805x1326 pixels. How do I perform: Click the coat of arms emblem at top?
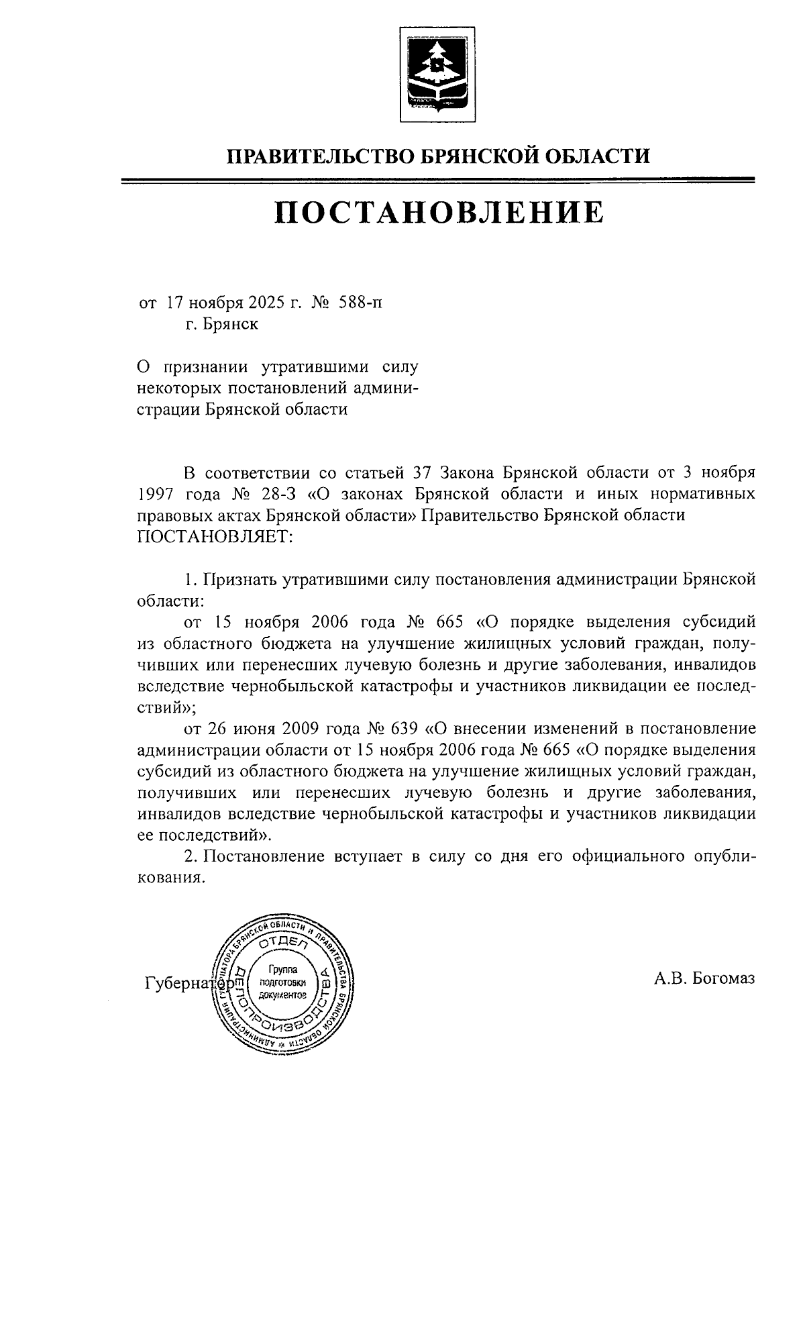coord(437,75)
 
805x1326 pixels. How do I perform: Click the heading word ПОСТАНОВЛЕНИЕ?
coord(439,211)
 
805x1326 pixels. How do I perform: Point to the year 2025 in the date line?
coord(264,303)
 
